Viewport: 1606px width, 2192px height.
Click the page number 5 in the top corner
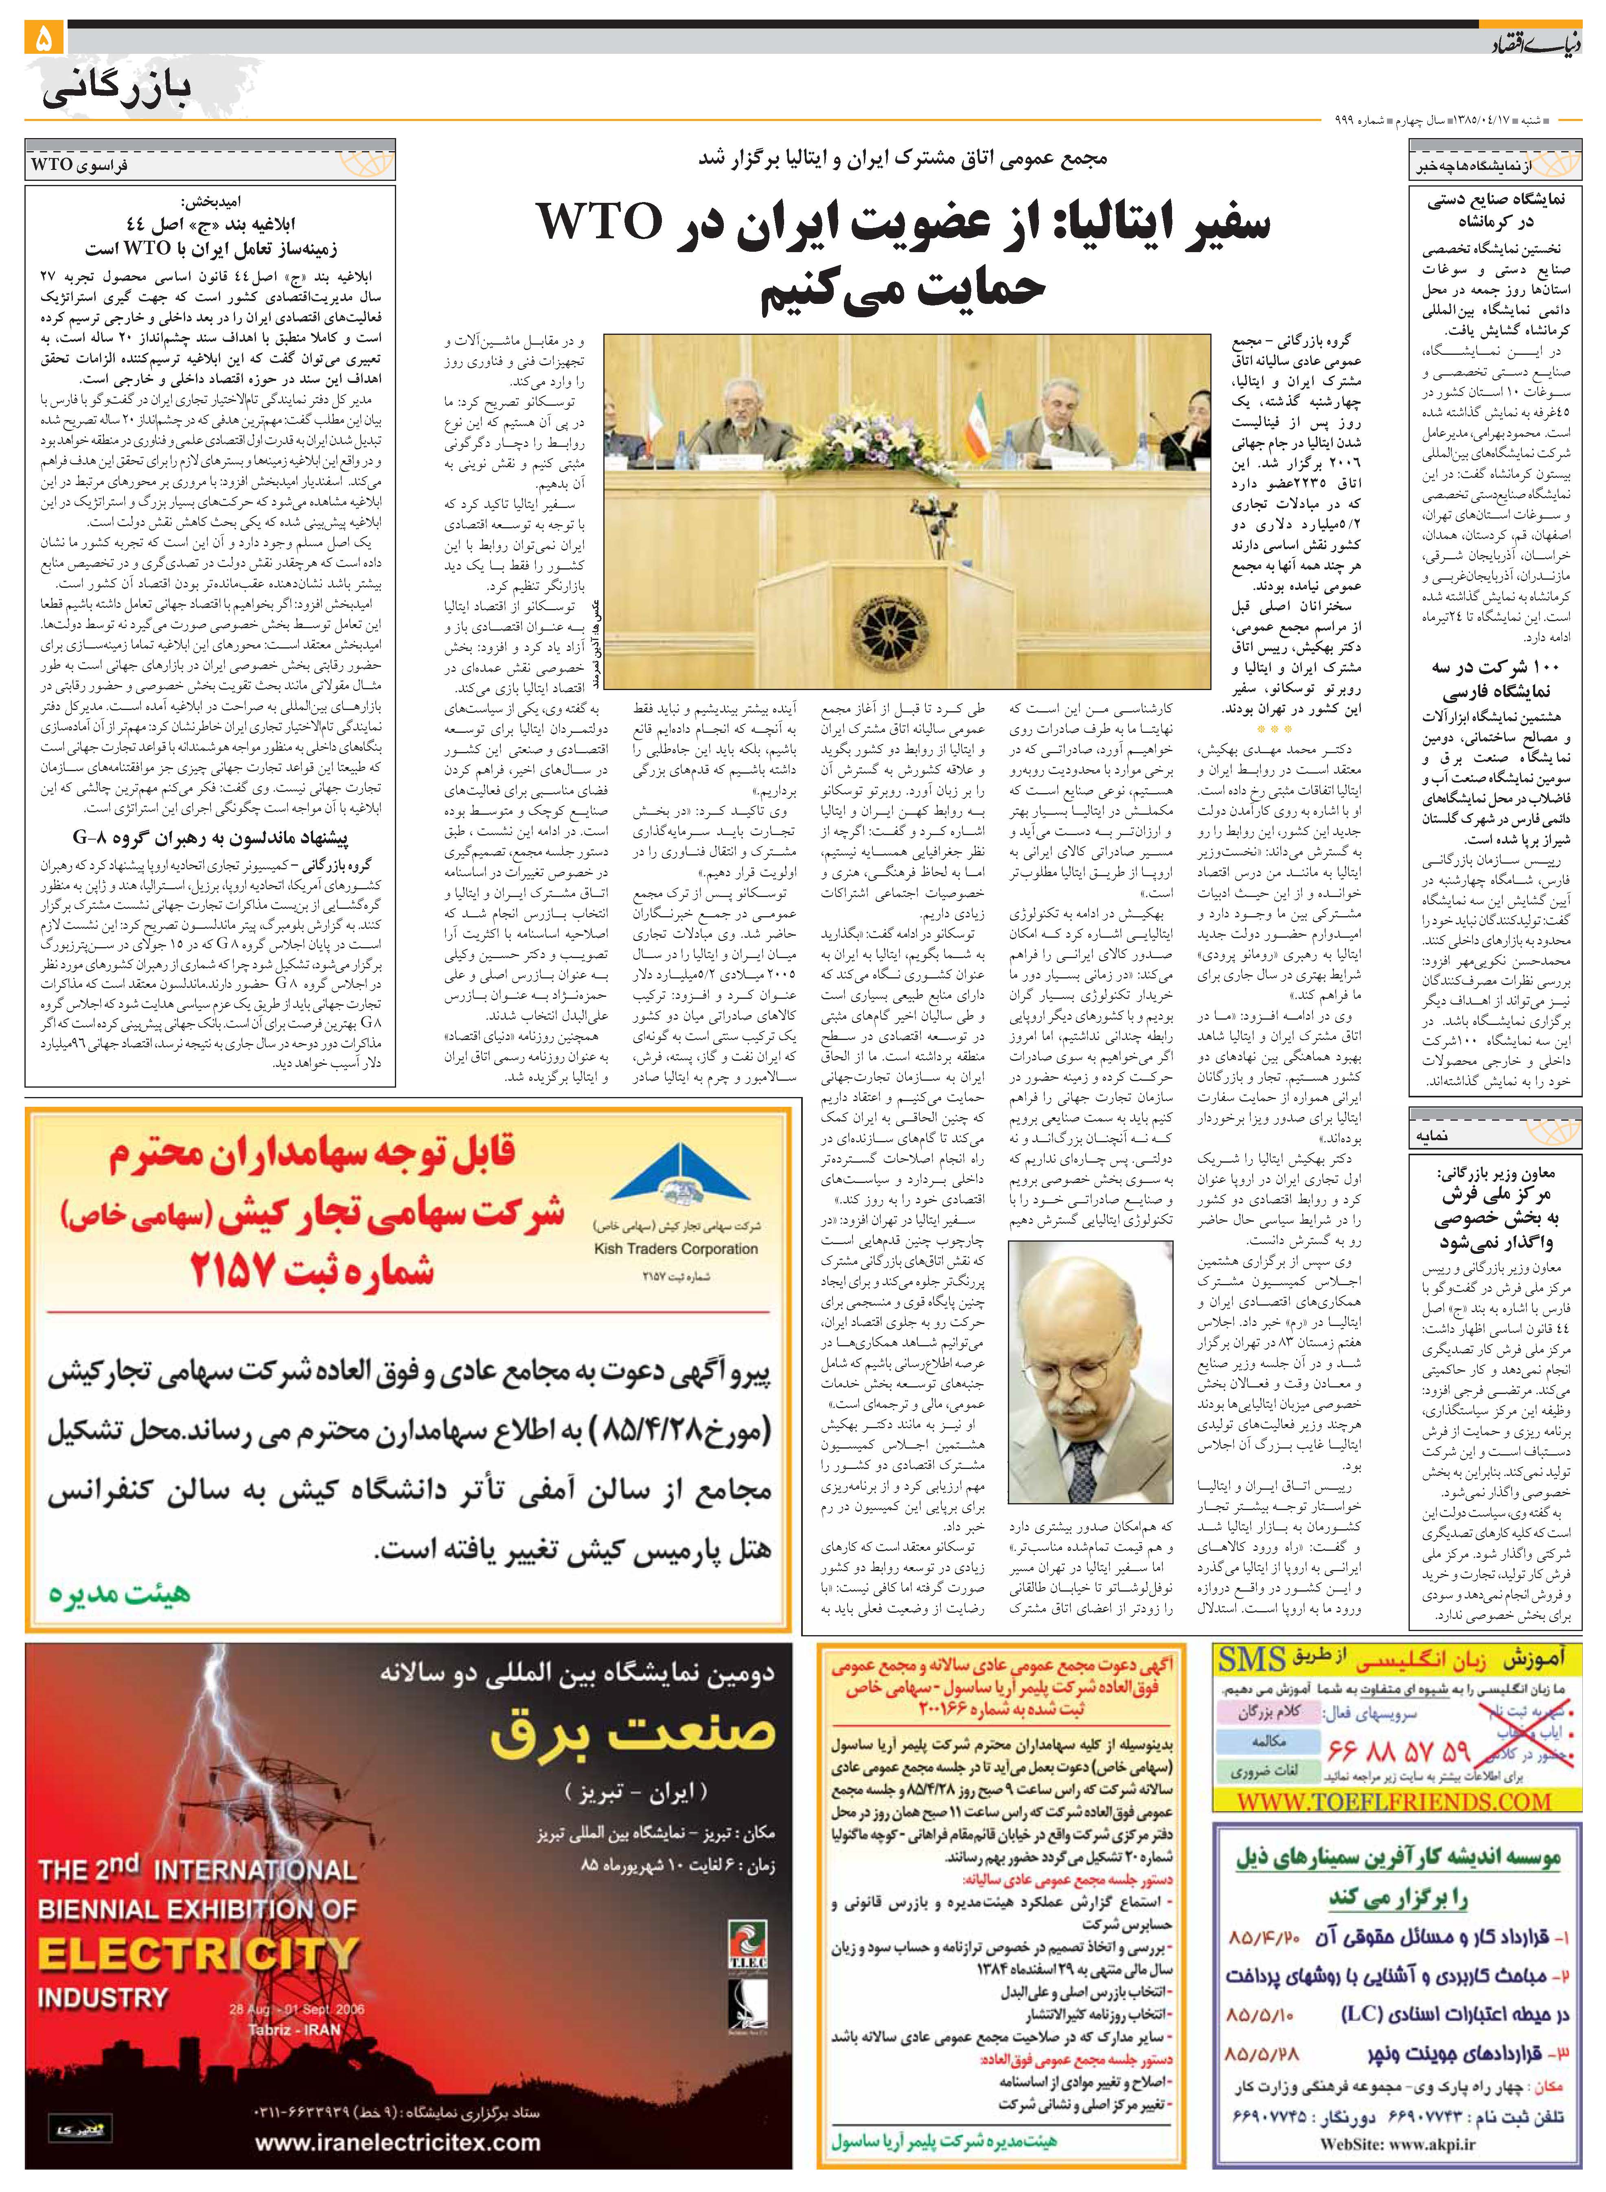point(45,39)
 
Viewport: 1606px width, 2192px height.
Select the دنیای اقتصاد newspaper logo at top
point(1534,44)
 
